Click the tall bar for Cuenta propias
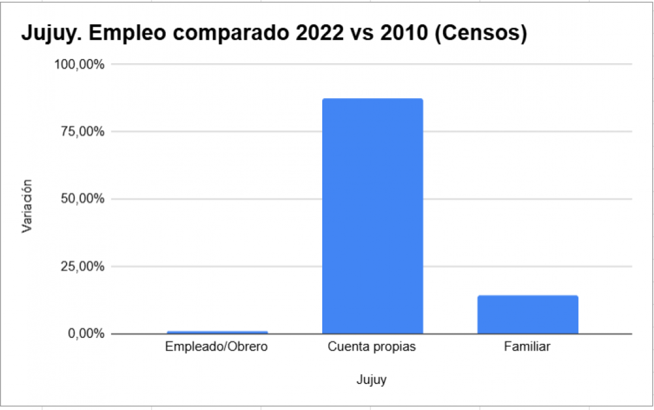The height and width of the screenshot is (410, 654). pyautogui.click(x=372, y=215)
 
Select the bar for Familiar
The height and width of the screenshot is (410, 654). pyautogui.click(x=527, y=314)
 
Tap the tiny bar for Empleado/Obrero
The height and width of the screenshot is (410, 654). pyautogui.click(x=216, y=332)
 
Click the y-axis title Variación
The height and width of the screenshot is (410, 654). pyautogui.click(x=27, y=206)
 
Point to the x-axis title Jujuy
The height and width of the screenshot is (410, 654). pyautogui.click(x=372, y=380)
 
